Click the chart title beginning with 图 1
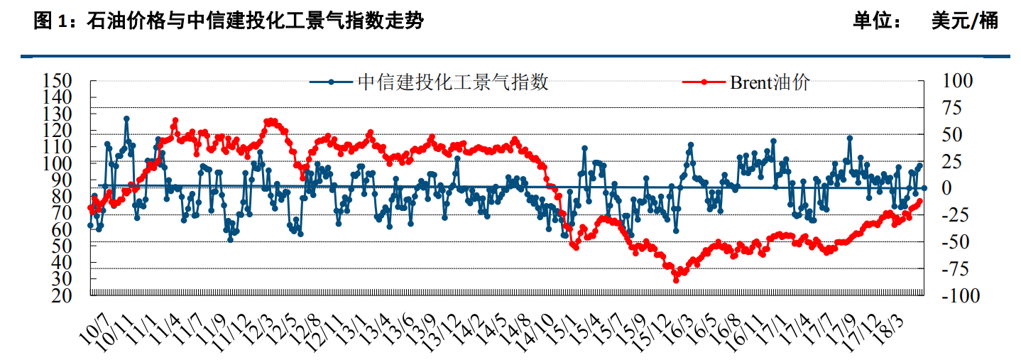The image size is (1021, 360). pos(229,21)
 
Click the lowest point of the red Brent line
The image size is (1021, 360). pos(676,280)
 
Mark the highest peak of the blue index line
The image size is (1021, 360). pos(126,119)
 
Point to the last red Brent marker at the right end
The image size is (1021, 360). pos(921,201)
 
